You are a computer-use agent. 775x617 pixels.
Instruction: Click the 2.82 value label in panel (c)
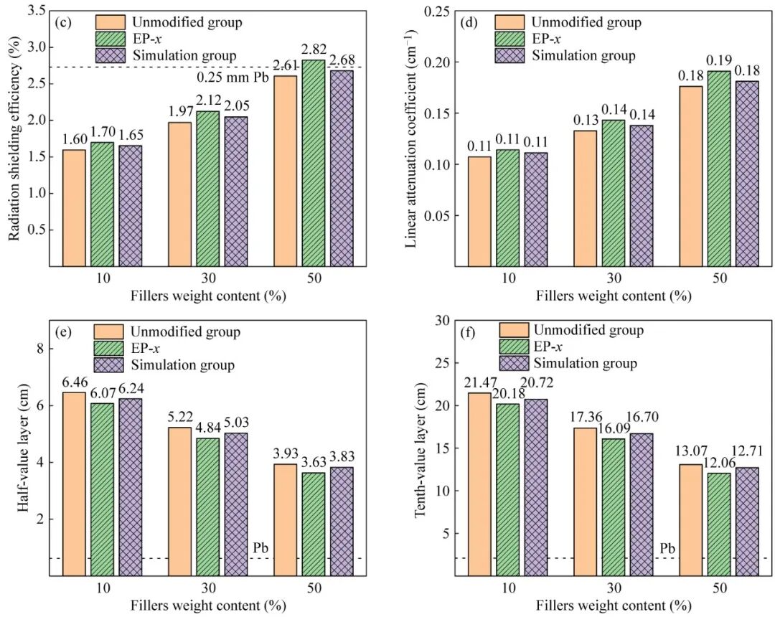click(314, 50)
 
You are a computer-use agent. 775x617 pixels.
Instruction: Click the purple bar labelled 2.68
click(342, 169)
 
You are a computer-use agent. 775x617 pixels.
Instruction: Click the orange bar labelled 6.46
click(74, 484)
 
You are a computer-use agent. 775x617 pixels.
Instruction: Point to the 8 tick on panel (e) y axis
click(39, 349)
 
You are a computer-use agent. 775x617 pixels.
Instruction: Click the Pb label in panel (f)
click(667, 550)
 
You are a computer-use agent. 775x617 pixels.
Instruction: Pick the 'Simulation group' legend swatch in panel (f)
click(514, 363)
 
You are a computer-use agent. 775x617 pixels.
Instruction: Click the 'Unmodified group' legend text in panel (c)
click(186, 22)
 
